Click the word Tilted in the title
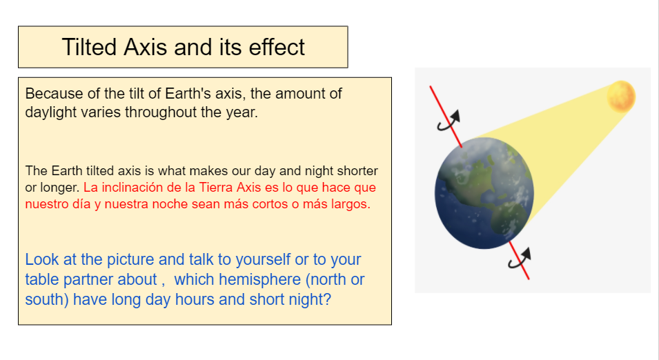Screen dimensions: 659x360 [x=89, y=47]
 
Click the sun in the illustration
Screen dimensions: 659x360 [x=621, y=96]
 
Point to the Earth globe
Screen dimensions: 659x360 [x=484, y=193]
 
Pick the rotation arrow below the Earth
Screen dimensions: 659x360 [x=520, y=258]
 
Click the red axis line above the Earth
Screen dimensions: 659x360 [x=446, y=117]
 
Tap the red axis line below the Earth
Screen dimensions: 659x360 [x=519, y=261]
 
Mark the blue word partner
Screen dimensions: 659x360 [x=88, y=279]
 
